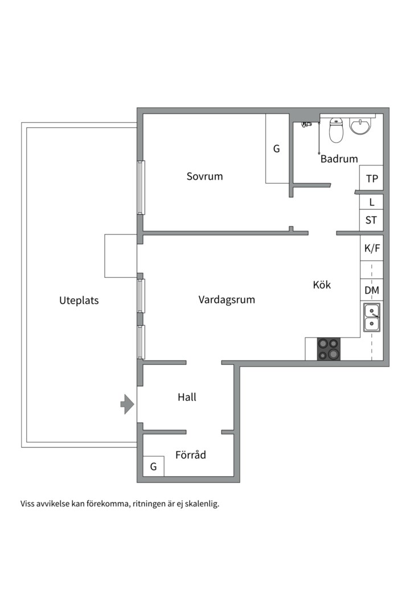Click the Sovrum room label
(204, 176)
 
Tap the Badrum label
(339, 159)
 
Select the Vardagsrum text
(227, 300)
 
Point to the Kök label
(322, 285)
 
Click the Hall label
(187, 397)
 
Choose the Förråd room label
(190, 455)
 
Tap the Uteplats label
(79, 301)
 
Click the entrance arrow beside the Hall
(127, 404)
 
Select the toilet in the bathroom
(336, 129)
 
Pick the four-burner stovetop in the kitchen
(329, 349)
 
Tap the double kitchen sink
(371, 318)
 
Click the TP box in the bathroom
(371, 178)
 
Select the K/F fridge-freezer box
(371, 248)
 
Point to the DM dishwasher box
(371, 290)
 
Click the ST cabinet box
(371, 220)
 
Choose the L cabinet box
(371, 202)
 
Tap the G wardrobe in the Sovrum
(277, 148)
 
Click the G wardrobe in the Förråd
(153, 467)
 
